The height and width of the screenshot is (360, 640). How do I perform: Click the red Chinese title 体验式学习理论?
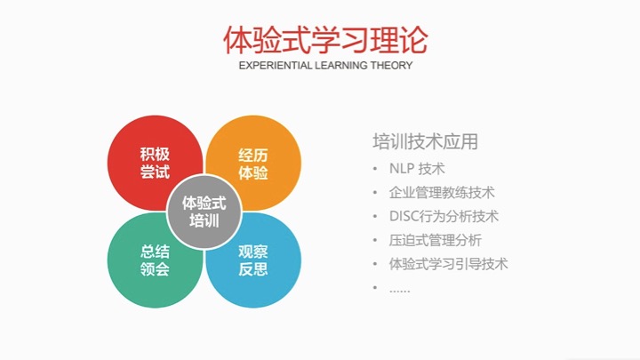pyautogui.click(x=325, y=40)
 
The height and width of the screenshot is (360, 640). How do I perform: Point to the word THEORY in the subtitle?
pyautogui.click(x=391, y=65)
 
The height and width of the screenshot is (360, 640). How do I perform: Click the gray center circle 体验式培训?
pyautogui.click(x=204, y=212)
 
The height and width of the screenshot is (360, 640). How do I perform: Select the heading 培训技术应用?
pyautogui.click(x=425, y=141)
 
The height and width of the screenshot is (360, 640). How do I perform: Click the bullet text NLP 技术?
pyautogui.click(x=417, y=169)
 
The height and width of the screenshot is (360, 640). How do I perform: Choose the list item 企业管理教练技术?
pyautogui.click(x=442, y=192)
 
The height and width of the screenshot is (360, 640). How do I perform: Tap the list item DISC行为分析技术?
pyautogui.click(x=444, y=216)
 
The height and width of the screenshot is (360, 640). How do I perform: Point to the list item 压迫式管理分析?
pyautogui.click(x=435, y=240)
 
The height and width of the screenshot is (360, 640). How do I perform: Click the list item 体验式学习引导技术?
pyautogui.click(x=448, y=264)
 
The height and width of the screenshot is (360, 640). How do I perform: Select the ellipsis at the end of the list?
pyautogui.click(x=400, y=291)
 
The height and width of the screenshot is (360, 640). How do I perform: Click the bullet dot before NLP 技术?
pyautogui.click(x=375, y=169)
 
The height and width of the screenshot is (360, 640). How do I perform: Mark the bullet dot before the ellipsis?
pyautogui.click(x=375, y=288)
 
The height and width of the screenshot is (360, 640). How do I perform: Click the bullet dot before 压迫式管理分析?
pyautogui.click(x=375, y=240)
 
